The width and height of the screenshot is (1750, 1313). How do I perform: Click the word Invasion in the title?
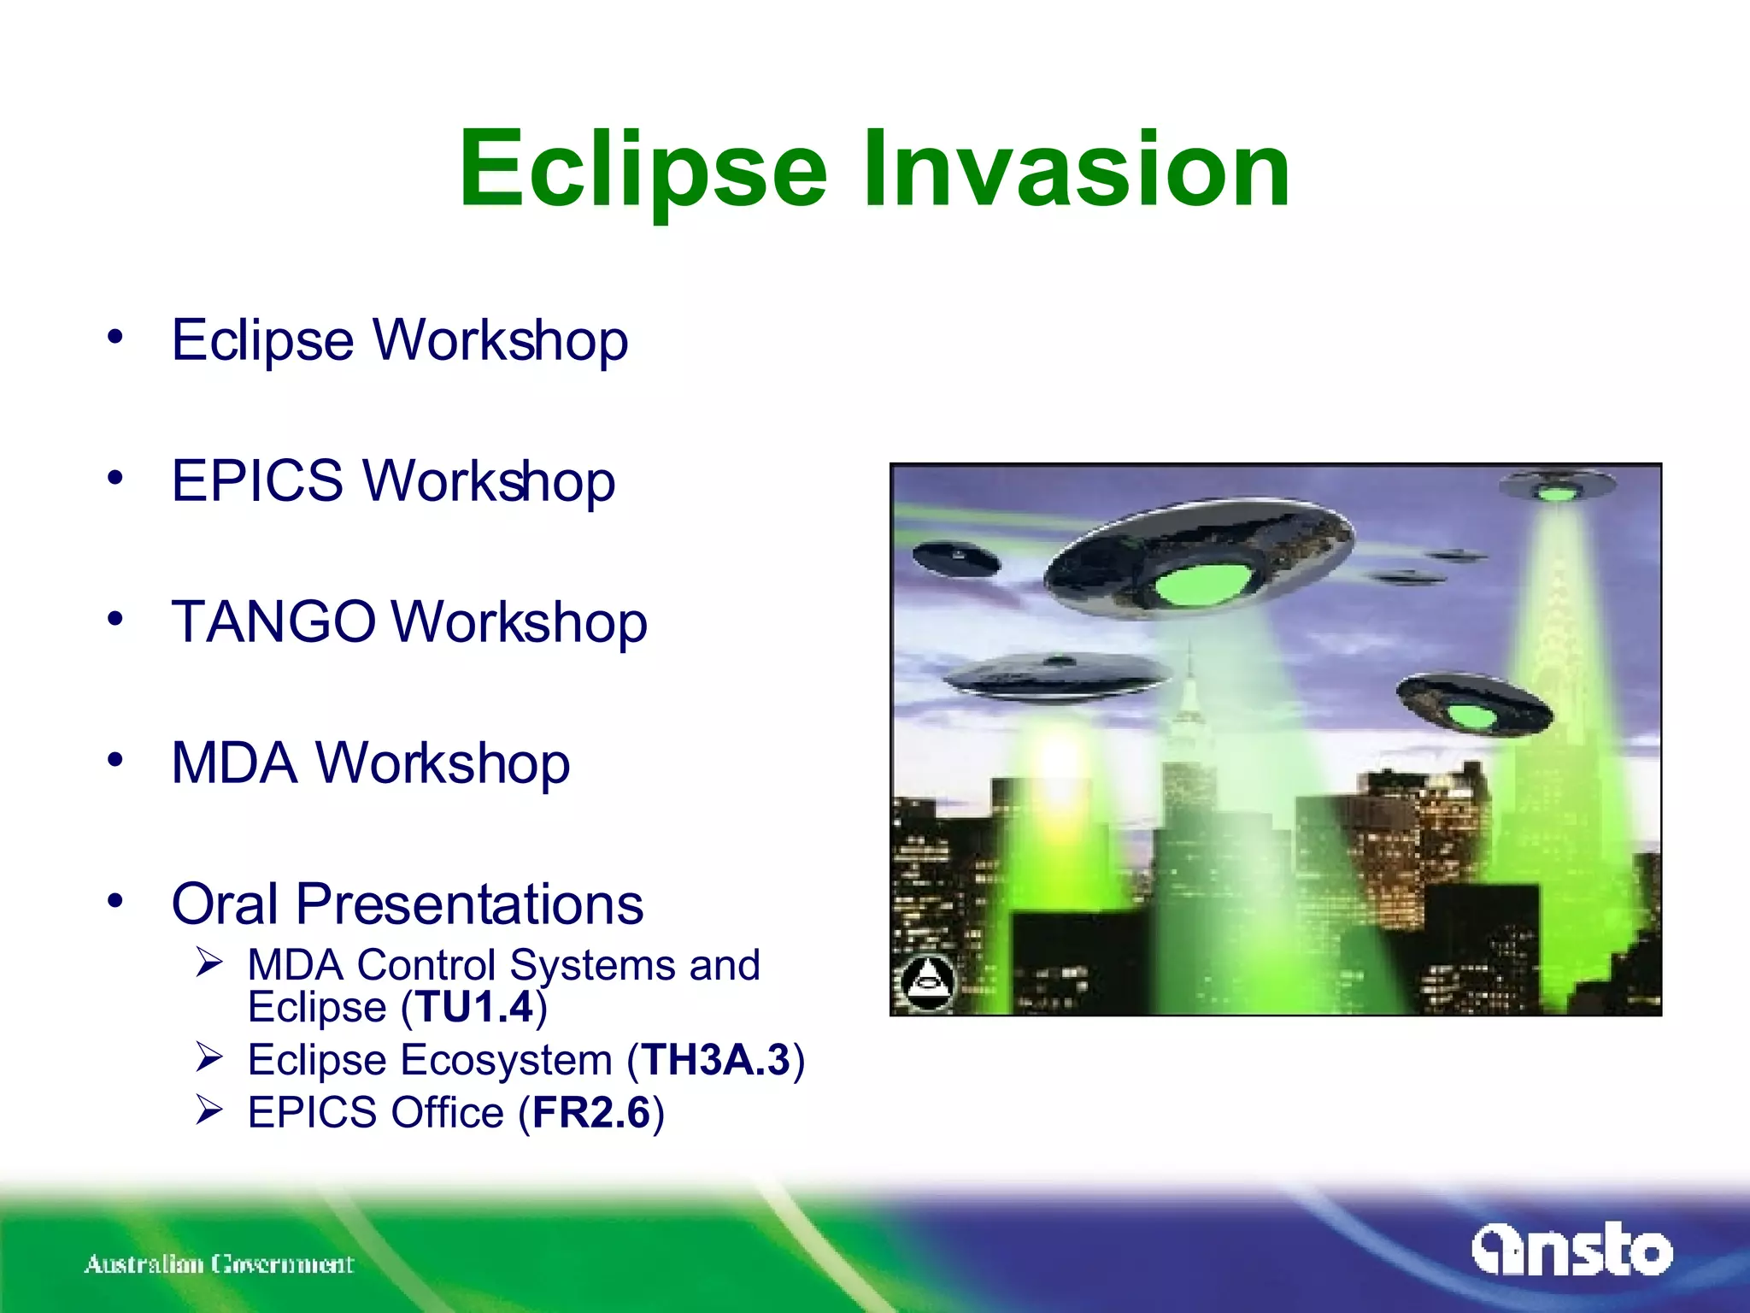point(1076,168)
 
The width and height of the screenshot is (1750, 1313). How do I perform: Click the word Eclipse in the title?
point(643,168)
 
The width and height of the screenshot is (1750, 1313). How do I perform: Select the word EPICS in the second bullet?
point(256,480)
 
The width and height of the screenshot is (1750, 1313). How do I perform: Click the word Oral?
point(225,904)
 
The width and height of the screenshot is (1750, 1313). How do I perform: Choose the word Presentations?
point(470,904)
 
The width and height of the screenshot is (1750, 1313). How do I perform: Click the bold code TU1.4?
point(474,1007)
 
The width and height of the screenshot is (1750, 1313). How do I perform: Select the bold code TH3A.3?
point(716,1060)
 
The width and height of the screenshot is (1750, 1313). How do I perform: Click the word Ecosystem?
point(507,1060)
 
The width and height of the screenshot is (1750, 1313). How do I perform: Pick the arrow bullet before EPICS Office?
point(208,1110)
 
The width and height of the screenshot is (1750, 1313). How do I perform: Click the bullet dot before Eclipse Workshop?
point(115,336)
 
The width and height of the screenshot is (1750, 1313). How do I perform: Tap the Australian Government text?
point(219,1263)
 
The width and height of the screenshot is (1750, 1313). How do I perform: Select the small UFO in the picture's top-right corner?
point(1557,488)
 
